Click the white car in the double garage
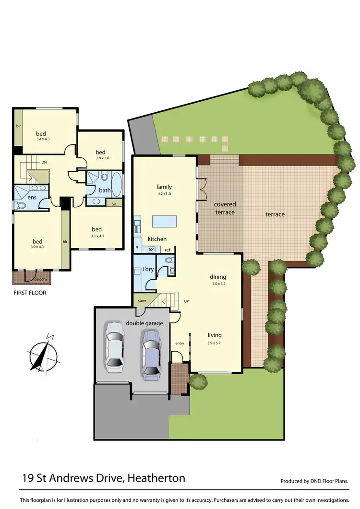click(114, 347)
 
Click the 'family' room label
click(164, 187)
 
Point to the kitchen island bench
click(164, 222)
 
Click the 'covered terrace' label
click(225, 208)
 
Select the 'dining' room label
click(217, 277)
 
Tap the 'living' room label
click(214, 335)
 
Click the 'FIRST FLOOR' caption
click(30, 292)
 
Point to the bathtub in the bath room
click(117, 183)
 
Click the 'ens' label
click(32, 197)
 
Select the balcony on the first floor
click(29, 277)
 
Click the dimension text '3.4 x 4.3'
click(43, 139)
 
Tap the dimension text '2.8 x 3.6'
click(100, 158)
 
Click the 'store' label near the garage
click(142, 301)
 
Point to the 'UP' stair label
click(187, 302)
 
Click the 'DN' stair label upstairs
click(44, 163)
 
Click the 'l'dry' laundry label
click(147, 269)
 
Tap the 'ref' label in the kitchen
click(168, 250)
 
